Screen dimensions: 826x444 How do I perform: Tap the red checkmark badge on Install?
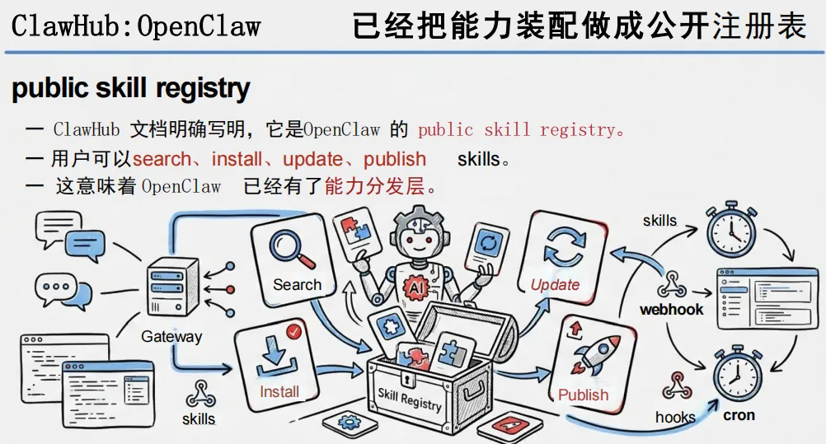tap(293, 330)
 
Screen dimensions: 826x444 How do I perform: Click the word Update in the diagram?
tap(555, 284)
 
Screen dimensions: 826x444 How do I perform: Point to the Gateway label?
tap(171, 336)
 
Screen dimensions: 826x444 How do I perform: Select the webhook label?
tap(672, 310)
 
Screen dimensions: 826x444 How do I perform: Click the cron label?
tap(739, 415)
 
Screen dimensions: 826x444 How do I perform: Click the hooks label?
tap(675, 418)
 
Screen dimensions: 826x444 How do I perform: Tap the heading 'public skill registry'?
tap(131, 88)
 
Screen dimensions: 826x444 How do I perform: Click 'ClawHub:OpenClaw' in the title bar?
tap(136, 26)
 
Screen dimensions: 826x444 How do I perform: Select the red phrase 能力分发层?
tap(375, 186)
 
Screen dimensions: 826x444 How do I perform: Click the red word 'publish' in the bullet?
tap(395, 159)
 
